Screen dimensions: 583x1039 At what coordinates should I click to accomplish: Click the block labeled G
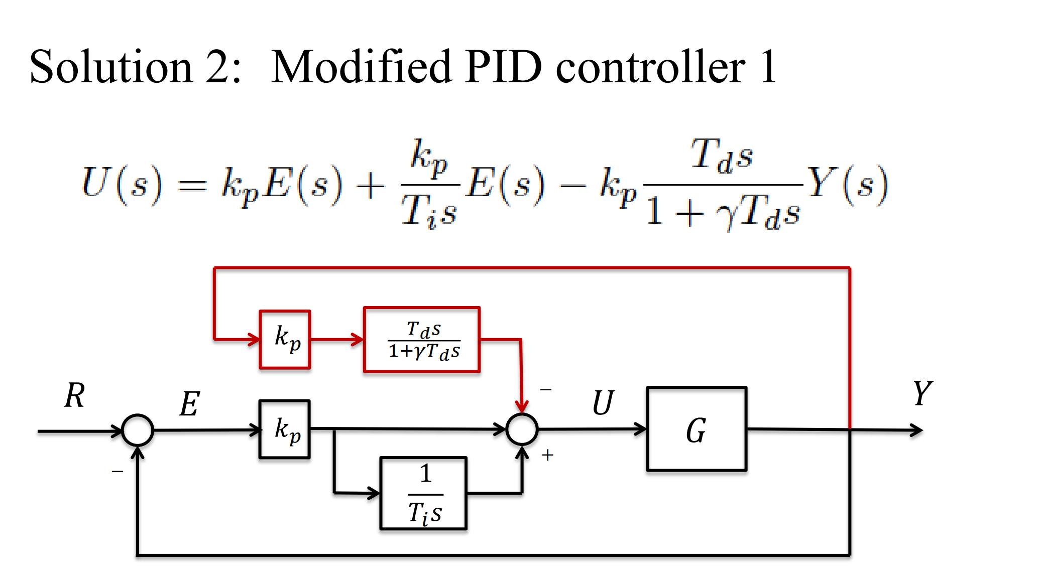[697, 429]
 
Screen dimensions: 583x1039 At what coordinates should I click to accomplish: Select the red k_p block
[285, 340]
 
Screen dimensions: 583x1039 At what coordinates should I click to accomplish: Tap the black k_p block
[285, 429]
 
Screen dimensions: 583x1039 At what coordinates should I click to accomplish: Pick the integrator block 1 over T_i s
[423, 493]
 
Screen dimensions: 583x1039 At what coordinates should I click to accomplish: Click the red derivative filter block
[422, 340]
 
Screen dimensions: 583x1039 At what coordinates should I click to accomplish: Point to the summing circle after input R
[138, 430]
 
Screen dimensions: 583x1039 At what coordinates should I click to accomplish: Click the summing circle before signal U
[522, 429]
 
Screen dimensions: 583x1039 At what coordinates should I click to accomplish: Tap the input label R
[75, 395]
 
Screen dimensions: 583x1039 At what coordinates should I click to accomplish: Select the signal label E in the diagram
[190, 404]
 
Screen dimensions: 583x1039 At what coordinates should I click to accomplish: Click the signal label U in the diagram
[603, 403]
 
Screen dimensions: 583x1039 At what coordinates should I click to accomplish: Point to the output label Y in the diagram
[922, 393]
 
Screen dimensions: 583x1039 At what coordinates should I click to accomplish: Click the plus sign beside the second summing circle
[547, 455]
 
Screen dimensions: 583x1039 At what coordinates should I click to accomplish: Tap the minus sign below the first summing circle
[118, 472]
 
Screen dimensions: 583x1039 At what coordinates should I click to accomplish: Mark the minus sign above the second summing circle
[546, 389]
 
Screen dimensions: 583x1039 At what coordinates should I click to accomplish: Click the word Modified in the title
[361, 67]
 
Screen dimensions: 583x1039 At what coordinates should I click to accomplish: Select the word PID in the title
[503, 67]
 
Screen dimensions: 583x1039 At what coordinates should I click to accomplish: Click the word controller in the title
[651, 67]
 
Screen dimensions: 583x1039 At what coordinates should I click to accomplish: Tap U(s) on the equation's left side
[122, 184]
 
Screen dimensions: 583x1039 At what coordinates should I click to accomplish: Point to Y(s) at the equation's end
[847, 184]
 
